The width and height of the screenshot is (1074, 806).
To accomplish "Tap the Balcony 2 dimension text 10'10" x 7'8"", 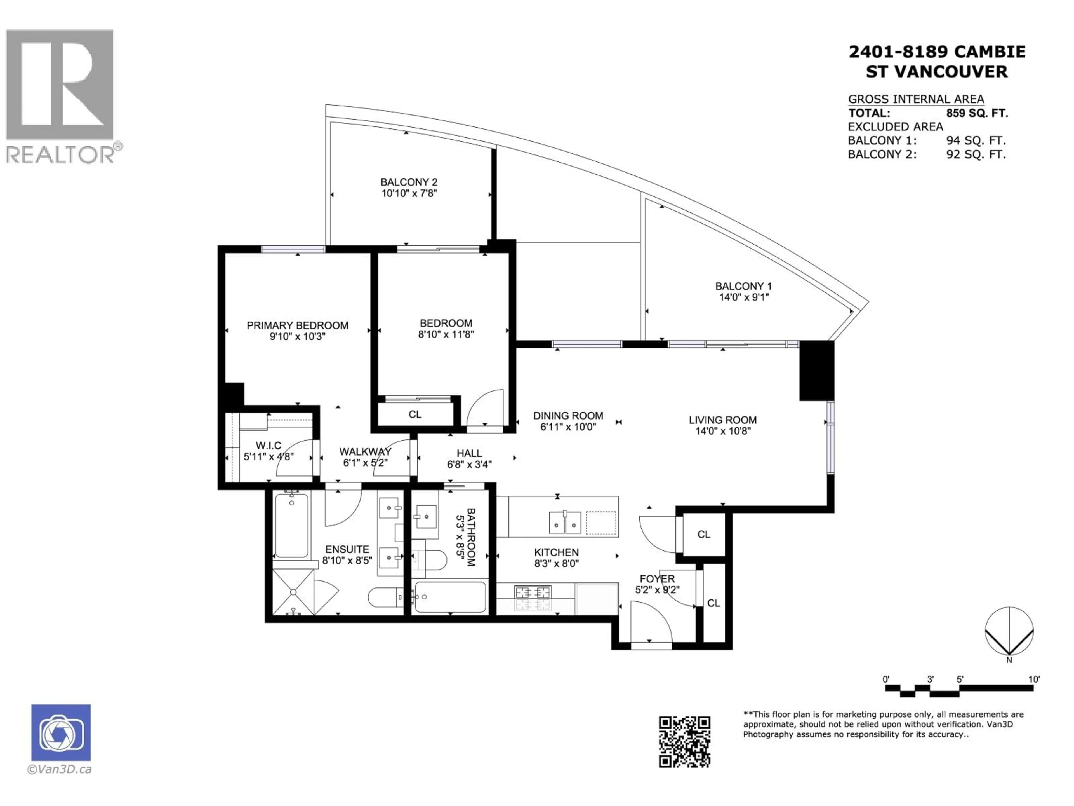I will (409, 193).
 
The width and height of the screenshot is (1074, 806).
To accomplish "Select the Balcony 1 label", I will (743, 286).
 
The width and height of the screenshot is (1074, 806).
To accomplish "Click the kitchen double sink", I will (565, 522).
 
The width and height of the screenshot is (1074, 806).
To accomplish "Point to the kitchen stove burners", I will (533, 598).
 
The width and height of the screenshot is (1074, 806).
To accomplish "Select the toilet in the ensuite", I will (385, 597).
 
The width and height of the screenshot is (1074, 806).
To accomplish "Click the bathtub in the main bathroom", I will (450, 597).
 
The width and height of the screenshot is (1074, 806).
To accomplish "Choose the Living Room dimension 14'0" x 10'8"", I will (722, 431).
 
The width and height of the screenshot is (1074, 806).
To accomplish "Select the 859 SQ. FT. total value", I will (976, 113).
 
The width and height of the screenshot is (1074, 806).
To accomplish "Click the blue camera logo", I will (61, 732).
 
